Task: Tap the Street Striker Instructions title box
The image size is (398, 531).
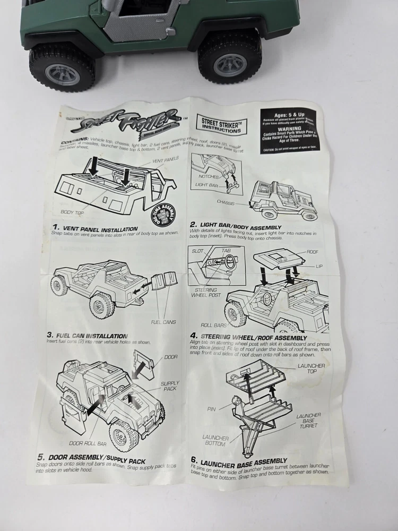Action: coord(218,124)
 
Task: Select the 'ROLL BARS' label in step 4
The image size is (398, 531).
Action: coord(213,324)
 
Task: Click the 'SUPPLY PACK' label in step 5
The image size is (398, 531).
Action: coord(170,386)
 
